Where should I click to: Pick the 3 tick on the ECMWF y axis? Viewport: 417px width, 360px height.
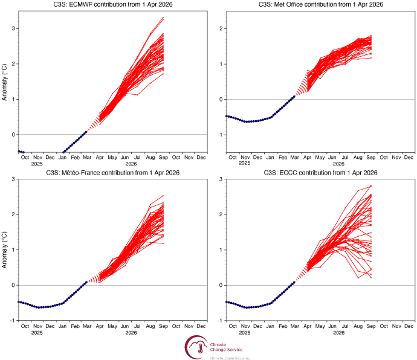coord(12,28)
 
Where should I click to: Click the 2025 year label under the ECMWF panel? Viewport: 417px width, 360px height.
coord(37,164)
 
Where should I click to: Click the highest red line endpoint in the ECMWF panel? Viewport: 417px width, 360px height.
coord(163,18)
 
